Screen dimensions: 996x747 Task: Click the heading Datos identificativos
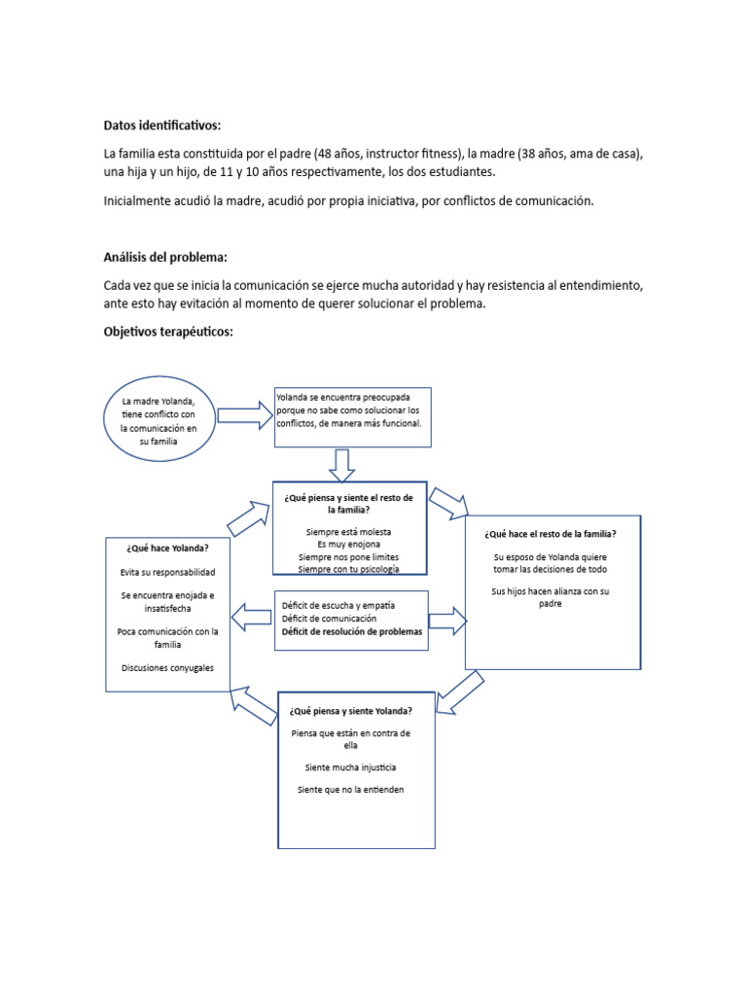coord(162,125)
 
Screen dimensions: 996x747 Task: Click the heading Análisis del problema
coord(165,257)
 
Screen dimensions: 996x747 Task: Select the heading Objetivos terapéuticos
coord(168,332)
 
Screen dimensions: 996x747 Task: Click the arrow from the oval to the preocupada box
coord(245,415)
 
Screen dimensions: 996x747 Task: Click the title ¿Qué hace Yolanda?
coord(167,548)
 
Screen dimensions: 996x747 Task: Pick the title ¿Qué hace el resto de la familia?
coord(553,533)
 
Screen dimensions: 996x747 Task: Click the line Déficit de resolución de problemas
coord(352,631)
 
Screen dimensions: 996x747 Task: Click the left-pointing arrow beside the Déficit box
coord(251,615)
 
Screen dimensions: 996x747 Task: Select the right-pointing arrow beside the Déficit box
coord(447,620)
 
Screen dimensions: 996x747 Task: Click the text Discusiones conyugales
coord(167,667)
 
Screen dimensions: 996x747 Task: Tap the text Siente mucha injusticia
coord(350,767)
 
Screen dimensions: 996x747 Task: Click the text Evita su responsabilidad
coord(167,573)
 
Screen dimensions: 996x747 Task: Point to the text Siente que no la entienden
coord(350,790)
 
